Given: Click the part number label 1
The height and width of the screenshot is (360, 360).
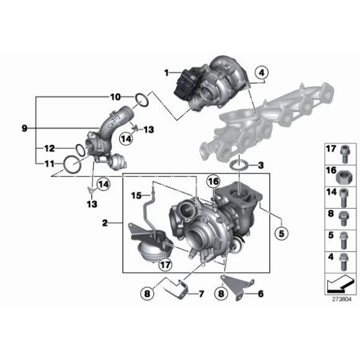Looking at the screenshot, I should (166, 73).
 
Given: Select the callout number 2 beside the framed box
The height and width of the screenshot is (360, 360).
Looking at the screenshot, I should (105, 222).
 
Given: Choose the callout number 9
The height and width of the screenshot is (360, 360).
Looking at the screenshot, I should (24, 128).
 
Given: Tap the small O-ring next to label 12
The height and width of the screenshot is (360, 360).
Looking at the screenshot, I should (79, 149).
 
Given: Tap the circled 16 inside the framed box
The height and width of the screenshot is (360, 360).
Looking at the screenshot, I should (213, 182).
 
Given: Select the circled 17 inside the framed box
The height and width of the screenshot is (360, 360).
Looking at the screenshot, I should (165, 264).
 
